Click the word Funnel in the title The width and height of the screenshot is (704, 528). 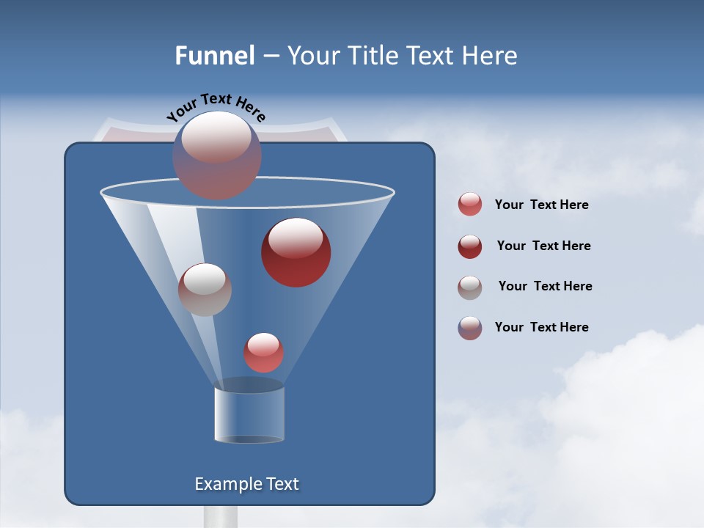(x=214, y=56)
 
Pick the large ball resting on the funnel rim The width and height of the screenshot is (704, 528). (x=217, y=155)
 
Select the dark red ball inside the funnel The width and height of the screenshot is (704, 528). (x=296, y=252)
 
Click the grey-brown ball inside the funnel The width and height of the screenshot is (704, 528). (x=205, y=290)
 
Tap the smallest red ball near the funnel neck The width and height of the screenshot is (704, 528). (x=263, y=353)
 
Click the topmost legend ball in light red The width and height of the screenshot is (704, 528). (x=470, y=205)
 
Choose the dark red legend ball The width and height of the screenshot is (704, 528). (x=470, y=246)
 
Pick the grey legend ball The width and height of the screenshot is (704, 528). (x=470, y=287)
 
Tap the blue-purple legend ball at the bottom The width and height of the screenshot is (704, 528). (x=470, y=328)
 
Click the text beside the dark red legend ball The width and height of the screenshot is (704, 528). (x=543, y=246)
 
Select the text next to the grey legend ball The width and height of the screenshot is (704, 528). (x=545, y=286)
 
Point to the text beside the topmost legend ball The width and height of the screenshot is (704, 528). (x=541, y=205)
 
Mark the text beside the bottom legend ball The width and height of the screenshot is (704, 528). (x=541, y=327)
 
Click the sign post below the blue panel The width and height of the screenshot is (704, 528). (x=221, y=516)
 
